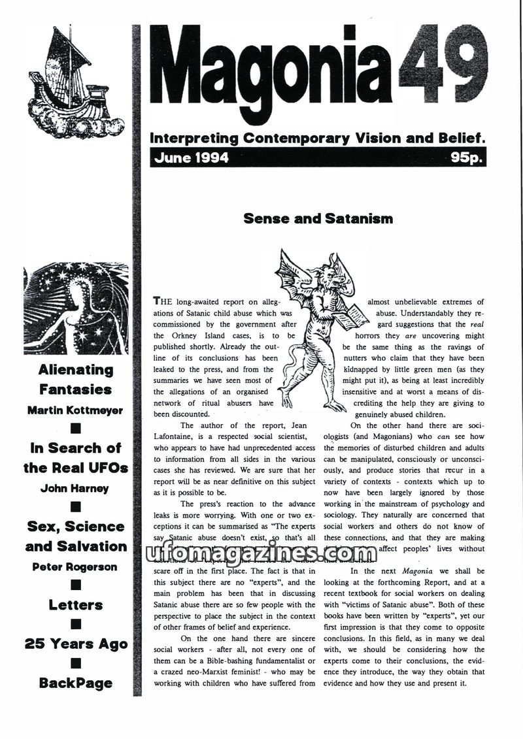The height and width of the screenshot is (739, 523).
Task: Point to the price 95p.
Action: pos(467,158)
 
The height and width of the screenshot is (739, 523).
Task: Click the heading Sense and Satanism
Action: pos(318,218)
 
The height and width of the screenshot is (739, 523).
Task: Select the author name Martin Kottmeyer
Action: pos(75,410)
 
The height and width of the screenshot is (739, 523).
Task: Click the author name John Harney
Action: pos(75,488)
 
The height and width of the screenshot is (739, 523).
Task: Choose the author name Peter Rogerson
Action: pos(75,567)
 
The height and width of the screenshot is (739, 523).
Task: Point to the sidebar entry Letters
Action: pos(75,605)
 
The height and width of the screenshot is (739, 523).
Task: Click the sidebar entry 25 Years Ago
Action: pos(75,644)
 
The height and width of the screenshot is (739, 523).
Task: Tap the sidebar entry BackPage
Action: pos(75,683)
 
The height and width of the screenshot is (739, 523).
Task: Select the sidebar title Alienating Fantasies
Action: pos(75,380)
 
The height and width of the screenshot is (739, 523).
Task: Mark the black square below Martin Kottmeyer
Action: pos(75,429)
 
